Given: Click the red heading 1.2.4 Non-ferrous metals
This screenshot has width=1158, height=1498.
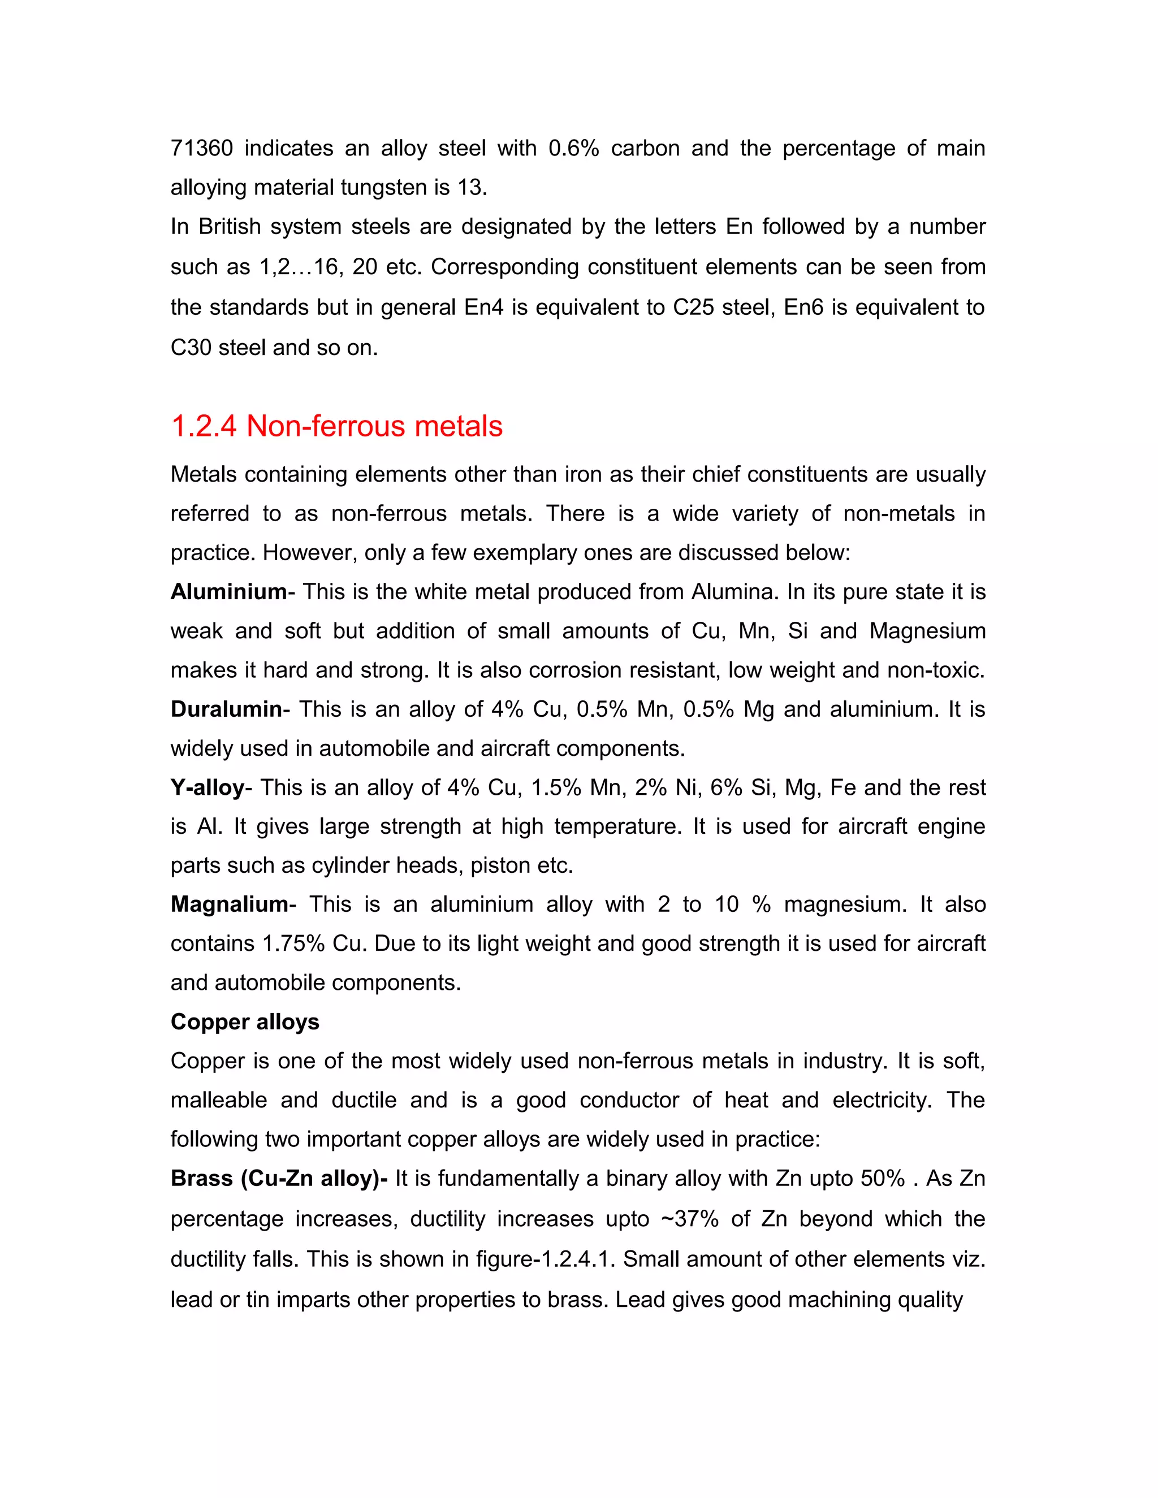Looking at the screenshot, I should (x=336, y=427).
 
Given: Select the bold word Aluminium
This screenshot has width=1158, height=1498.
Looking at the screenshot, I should (x=228, y=592).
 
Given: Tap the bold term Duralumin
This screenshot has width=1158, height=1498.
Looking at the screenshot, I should (x=226, y=709).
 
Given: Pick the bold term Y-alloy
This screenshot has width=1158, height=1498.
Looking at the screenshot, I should (x=207, y=787).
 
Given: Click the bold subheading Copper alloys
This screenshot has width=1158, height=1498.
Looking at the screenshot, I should (x=245, y=1022).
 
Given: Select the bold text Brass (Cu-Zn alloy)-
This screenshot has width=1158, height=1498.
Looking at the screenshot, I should (x=279, y=1179).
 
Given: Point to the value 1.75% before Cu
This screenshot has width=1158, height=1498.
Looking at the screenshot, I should (x=293, y=944).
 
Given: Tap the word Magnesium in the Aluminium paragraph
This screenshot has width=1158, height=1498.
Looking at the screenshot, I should (x=927, y=631).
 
